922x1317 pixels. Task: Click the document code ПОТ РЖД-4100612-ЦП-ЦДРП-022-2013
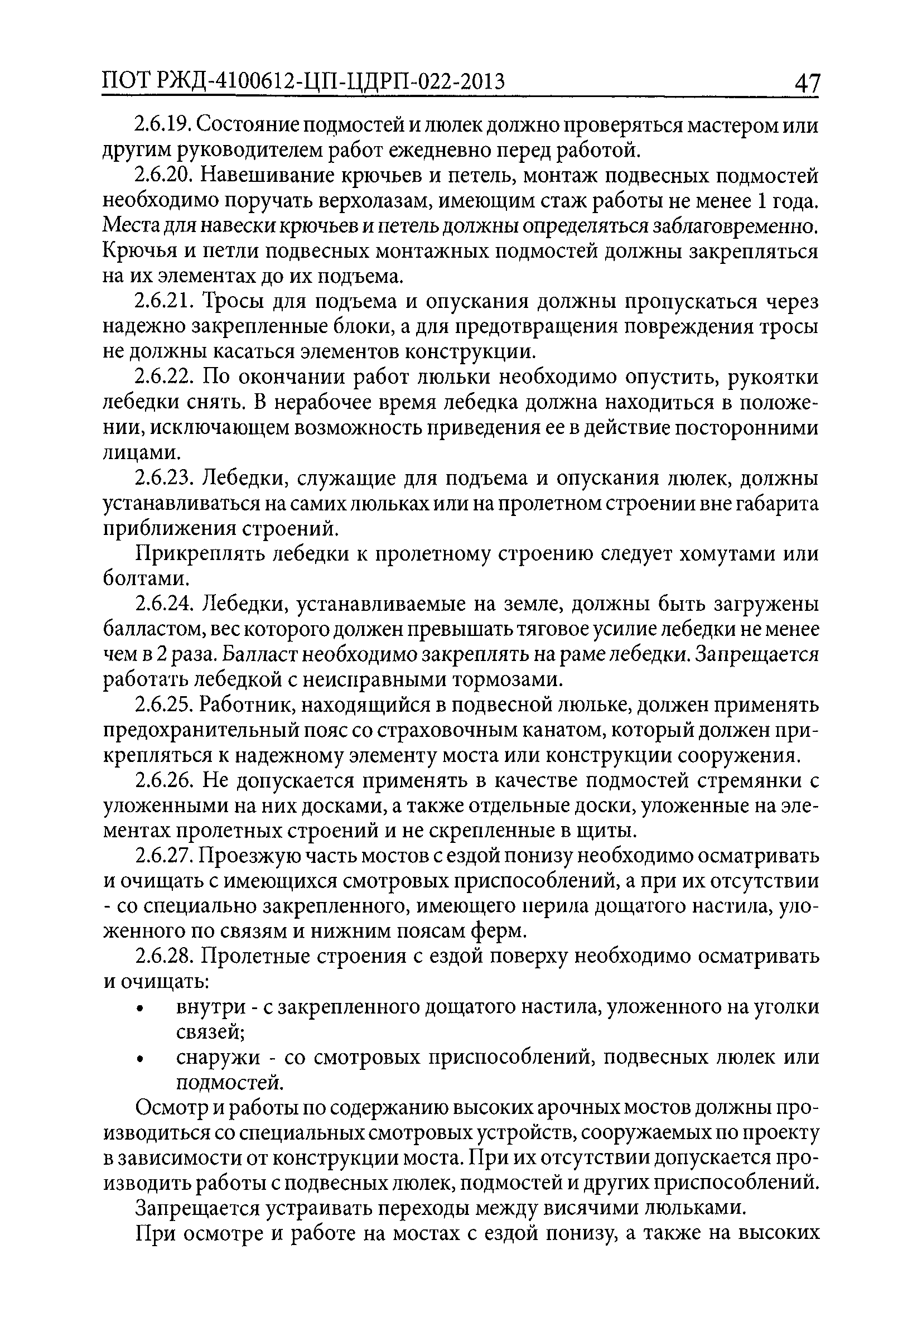point(303,83)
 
